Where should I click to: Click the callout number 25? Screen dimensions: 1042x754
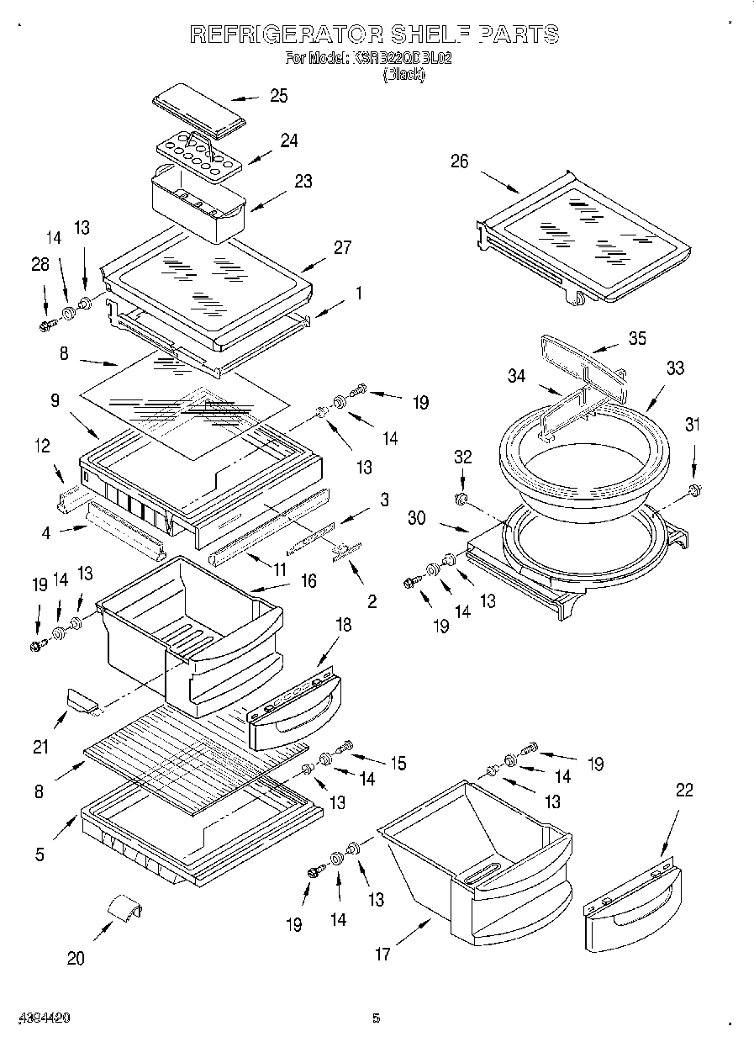pos(278,96)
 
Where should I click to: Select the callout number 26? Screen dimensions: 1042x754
pos(459,161)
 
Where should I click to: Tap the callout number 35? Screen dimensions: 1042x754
pos(638,339)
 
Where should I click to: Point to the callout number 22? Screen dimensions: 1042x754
pos(684,790)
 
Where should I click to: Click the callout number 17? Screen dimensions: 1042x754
pos(382,954)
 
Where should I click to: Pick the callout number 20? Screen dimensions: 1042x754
pos(76,958)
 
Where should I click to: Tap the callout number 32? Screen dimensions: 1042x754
pos(462,458)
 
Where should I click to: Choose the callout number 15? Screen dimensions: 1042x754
pos(398,764)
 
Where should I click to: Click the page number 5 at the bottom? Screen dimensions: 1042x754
pos(377,1018)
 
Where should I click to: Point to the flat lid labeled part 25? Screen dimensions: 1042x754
pos(198,109)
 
